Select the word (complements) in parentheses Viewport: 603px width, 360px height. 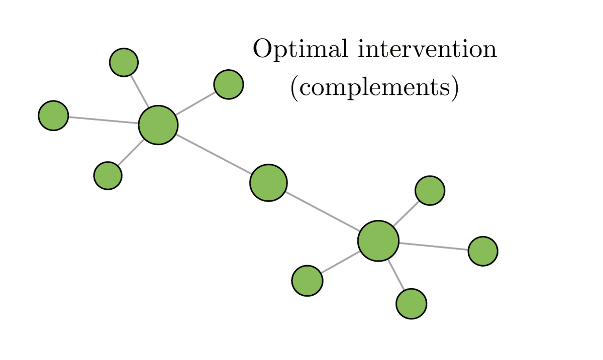pos(374,87)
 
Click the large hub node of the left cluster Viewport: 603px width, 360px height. pos(158,125)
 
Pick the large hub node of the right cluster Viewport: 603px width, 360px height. pos(378,241)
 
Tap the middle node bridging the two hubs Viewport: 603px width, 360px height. pos(268,183)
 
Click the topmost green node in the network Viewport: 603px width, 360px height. pos(124,62)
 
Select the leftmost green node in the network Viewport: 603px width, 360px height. pos(53,115)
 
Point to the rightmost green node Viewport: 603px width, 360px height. pos(483,251)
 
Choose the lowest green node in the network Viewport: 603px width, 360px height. pos(411,304)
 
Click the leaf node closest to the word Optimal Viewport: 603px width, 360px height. pos(229,84)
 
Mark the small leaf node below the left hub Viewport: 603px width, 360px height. pos(108,175)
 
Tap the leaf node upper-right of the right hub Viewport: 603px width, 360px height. pos(430,190)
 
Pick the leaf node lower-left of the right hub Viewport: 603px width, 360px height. pos(307,281)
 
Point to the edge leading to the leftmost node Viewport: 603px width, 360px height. pos(103,120)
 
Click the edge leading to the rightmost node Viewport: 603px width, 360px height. pos(433,246)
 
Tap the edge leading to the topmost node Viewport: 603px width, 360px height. pos(140,91)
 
